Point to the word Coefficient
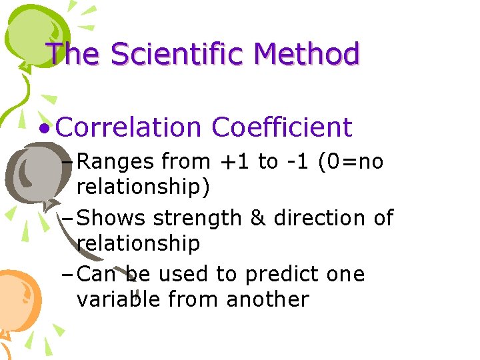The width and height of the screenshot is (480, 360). point(281,127)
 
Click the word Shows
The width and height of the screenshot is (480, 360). point(113,218)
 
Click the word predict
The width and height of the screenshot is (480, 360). point(276,275)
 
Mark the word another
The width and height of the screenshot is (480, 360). point(267,299)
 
